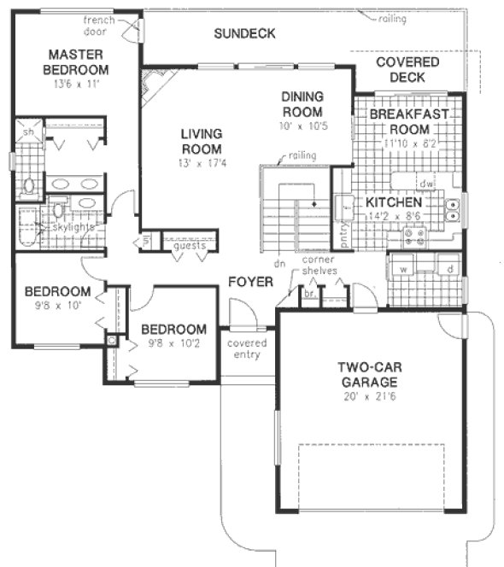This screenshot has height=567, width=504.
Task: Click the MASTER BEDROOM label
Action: tap(77, 61)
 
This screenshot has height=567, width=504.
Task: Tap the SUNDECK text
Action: tap(244, 34)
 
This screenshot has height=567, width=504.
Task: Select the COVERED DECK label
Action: tap(407, 69)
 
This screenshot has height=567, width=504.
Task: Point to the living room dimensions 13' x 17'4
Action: tap(202, 162)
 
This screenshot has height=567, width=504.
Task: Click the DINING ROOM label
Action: tap(302, 105)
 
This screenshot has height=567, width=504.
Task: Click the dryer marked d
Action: tap(448, 269)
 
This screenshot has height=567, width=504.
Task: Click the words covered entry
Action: tap(247, 349)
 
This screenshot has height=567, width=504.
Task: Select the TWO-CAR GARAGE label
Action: tap(367, 374)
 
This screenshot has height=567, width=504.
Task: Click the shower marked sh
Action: tap(28, 132)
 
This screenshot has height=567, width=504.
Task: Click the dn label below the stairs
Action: tap(278, 263)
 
